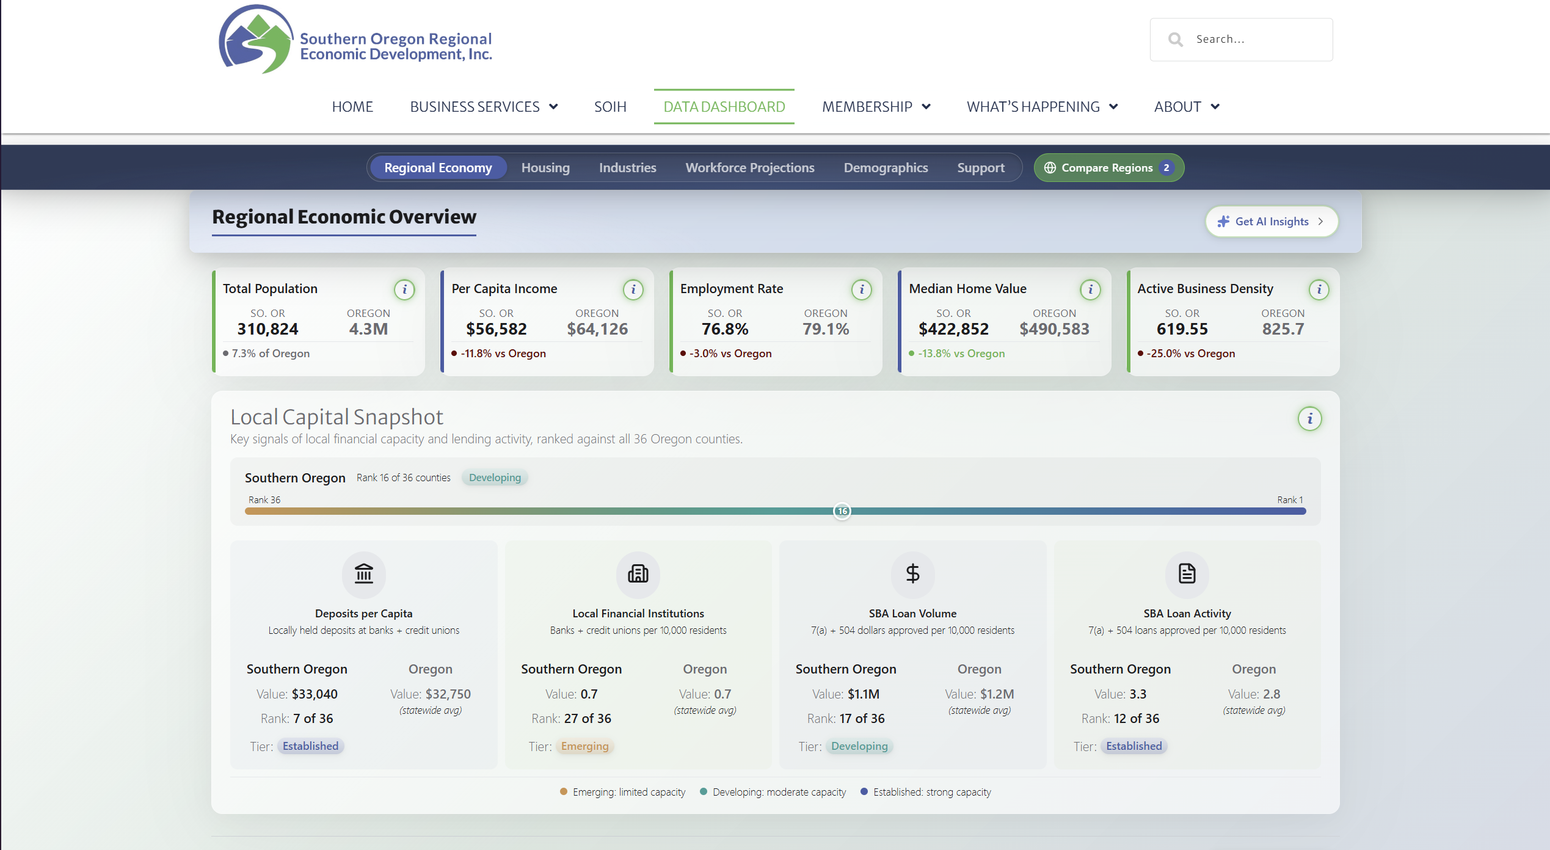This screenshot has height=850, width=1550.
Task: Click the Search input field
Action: click(x=1242, y=39)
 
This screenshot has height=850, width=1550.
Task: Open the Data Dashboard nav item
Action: click(x=724, y=107)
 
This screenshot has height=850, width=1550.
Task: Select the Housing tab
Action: click(x=545, y=168)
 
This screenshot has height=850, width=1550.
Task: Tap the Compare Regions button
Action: click(x=1108, y=168)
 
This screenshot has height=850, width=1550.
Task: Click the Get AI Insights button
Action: click(x=1272, y=222)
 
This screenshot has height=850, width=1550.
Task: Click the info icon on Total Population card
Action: click(x=404, y=289)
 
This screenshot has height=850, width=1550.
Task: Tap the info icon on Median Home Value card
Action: click(x=1090, y=289)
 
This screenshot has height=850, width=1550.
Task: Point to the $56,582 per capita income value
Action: click(x=497, y=329)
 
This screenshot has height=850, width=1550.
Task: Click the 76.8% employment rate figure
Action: click(x=725, y=329)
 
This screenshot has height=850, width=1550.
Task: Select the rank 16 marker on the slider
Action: click(x=842, y=511)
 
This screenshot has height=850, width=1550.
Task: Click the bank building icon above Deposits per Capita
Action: click(x=364, y=573)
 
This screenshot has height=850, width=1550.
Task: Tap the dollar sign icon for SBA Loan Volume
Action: click(x=912, y=573)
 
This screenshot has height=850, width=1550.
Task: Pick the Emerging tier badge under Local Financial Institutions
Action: click(x=584, y=746)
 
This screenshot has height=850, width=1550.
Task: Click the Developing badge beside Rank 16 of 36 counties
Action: click(x=495, y=478)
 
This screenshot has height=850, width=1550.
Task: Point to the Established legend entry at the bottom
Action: click(x=926, y=792)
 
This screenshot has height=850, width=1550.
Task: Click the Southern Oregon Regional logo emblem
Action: click(x=256, y=40)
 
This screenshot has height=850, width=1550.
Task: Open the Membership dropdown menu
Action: click(x=876, y=107)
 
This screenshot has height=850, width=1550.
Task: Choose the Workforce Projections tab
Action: click(x=750, y=168)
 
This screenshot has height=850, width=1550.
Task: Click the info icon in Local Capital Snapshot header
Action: click(x=1309, y=419)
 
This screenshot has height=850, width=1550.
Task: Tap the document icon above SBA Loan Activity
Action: click(x=1187, y=573)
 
